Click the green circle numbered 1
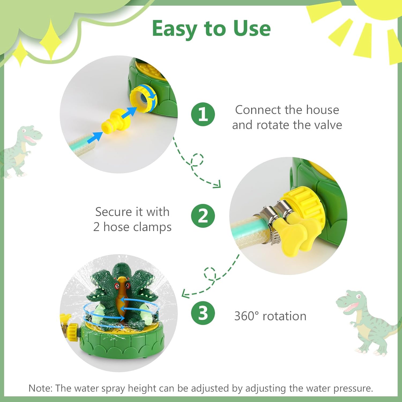coord(203,114)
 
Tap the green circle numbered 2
coord(203,216)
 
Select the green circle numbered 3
coord(203,313)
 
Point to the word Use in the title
coord(252,28)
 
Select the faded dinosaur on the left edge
coord(20,150)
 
